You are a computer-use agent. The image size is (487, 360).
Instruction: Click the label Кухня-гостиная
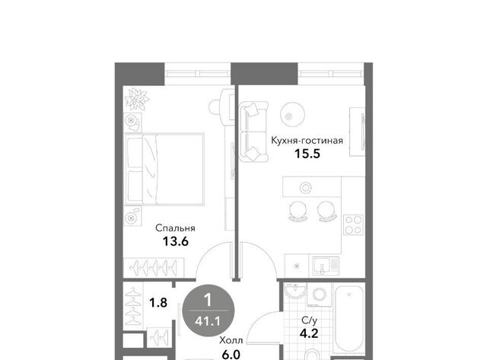click(x=307, y=141)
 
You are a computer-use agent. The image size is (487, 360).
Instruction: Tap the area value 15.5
click(x=307, y=154)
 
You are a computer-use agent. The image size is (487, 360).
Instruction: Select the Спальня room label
click(x=175, y=228)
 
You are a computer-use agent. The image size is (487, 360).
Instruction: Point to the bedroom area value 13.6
click(x=176, y=241)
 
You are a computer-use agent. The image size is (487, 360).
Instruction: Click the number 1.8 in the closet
click(x=158, y=302)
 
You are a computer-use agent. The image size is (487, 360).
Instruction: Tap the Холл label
click(x=231, y=340)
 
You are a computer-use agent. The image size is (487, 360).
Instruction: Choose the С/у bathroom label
click(x=310, y=320)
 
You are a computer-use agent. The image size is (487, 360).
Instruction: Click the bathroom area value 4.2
click(x=309, y=333)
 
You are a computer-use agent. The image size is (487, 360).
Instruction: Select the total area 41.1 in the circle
click(x=208, y=321)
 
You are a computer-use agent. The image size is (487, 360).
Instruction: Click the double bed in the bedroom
click(x=164, y=169)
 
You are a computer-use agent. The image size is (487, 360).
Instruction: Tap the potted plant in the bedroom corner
click(x=136, y=99)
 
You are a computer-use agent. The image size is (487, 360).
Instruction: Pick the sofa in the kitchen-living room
click(x=253, y=132)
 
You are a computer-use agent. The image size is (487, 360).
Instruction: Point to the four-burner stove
click(x=353, y=225)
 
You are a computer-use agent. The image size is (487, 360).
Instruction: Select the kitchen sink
click(x=326, y=266)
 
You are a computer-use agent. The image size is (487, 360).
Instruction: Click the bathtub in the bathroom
click(x=349, y=318)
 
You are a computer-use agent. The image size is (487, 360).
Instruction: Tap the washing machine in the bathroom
click(x=320, y=294)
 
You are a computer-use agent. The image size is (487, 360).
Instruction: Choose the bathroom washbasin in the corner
click(x=294, y=291)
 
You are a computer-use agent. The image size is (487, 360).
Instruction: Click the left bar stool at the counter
click(x=298, y=212)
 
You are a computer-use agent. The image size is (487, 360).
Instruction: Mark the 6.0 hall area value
click(x=231, y=354)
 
